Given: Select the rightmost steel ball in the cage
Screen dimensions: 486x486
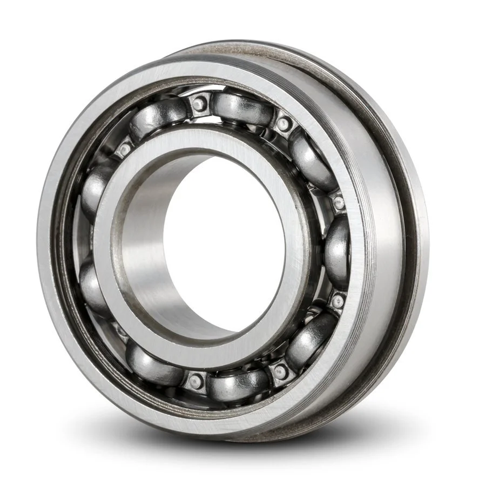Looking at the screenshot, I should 338,251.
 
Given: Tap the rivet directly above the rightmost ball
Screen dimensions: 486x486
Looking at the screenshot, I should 339,202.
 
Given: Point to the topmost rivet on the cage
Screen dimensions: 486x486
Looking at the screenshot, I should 200,103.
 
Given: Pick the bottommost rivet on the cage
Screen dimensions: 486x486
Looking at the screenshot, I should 195,381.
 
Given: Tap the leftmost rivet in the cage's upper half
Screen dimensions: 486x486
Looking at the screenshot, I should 125,148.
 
